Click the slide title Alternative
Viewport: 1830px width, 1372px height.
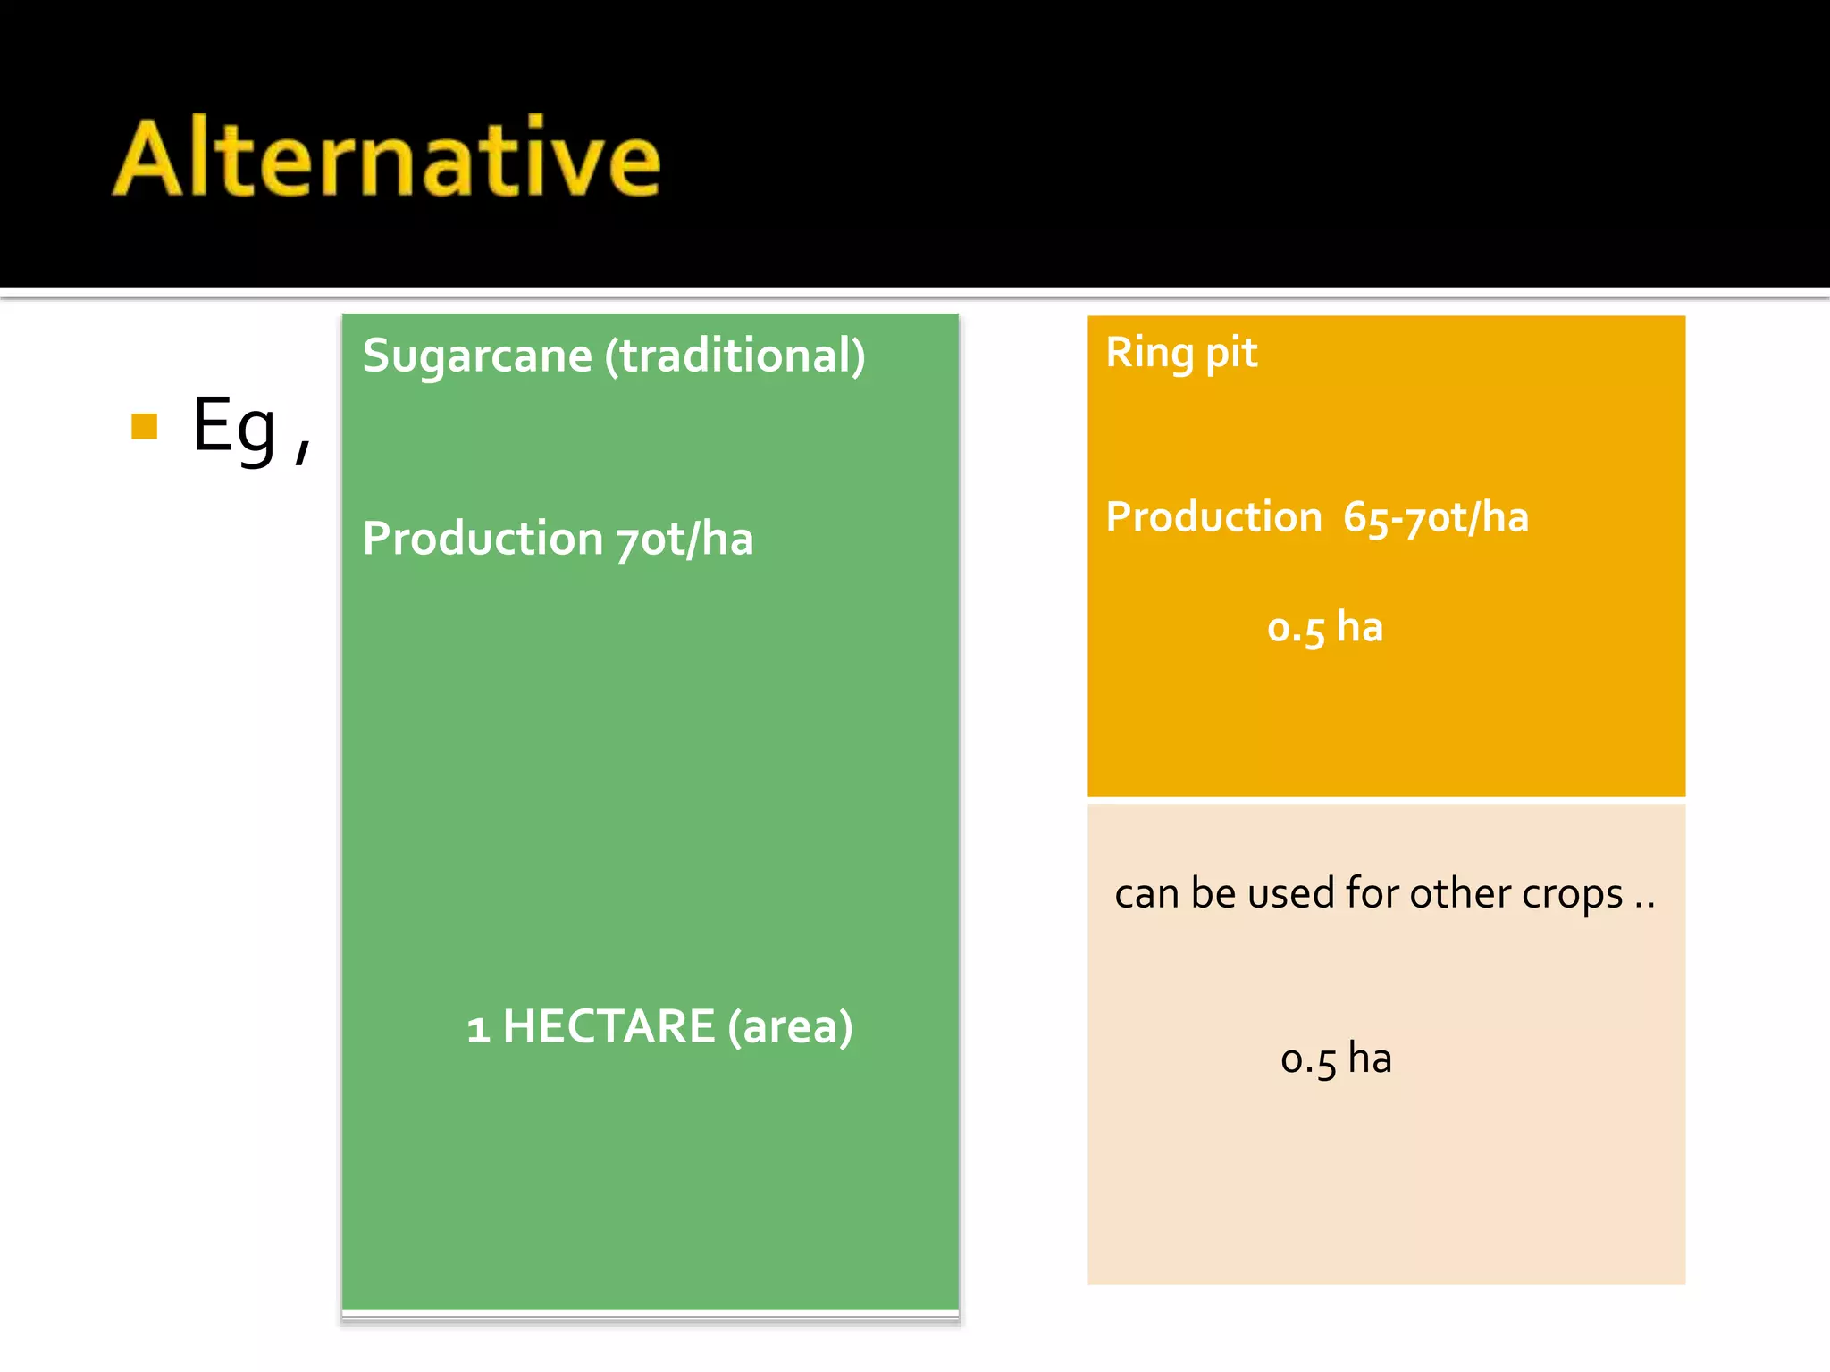(386, 158)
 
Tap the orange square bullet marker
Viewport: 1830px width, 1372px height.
(144, 426)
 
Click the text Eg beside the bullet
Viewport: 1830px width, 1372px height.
(234, 427)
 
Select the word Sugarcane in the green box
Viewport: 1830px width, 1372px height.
(477, 356)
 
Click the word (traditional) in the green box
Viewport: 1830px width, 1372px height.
(735, 356)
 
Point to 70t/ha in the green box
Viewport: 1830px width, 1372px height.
(684, 539)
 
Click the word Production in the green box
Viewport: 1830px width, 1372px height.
(483, 539)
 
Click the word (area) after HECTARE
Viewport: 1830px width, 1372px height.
(790, 1026)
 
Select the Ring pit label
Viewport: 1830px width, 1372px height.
(1181, 352)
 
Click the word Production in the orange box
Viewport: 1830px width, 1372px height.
(1213, 516)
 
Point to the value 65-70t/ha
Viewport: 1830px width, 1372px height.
(1436, 517)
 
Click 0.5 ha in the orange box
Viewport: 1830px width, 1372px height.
(1325, 627)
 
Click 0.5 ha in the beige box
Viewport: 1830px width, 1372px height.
(1336, 1058)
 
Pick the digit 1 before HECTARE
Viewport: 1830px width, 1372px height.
(478, 1028)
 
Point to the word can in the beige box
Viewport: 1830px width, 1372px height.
(1146, 894)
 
